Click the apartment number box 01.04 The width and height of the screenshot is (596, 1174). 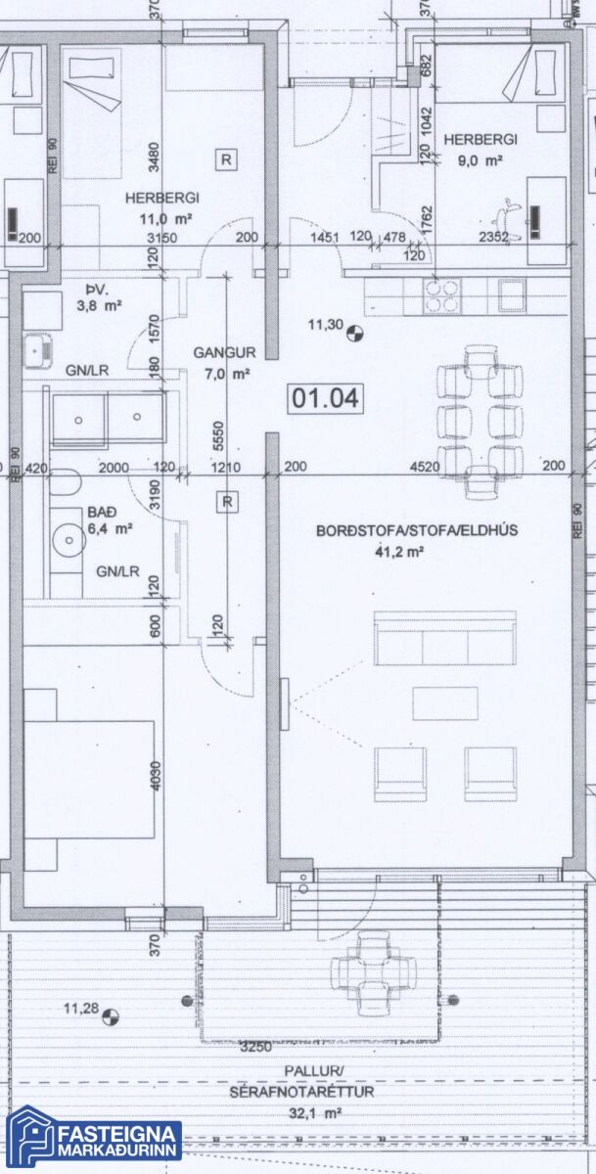(326, 398)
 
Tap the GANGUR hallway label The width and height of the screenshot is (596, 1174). (224, 353)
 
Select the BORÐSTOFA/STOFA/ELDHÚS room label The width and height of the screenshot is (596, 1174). (417, 530)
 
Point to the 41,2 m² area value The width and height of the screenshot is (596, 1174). (399, 552)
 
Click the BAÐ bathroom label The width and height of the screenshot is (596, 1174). (102, 512)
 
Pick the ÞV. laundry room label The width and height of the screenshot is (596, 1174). (96, 290)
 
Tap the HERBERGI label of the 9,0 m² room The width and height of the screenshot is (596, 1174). (481, 140)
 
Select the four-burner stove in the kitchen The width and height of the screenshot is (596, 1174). (442, 296)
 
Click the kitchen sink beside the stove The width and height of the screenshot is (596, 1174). (512, 296)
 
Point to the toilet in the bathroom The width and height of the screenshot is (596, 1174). (66, 482)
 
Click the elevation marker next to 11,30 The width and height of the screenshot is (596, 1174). (355, 333)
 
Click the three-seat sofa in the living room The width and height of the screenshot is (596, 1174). (445, 638)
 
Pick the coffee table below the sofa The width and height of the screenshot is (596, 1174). (445, 703)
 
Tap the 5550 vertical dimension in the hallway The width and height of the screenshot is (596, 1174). (219, 435)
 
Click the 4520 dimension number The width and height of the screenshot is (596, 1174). (425, 466)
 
